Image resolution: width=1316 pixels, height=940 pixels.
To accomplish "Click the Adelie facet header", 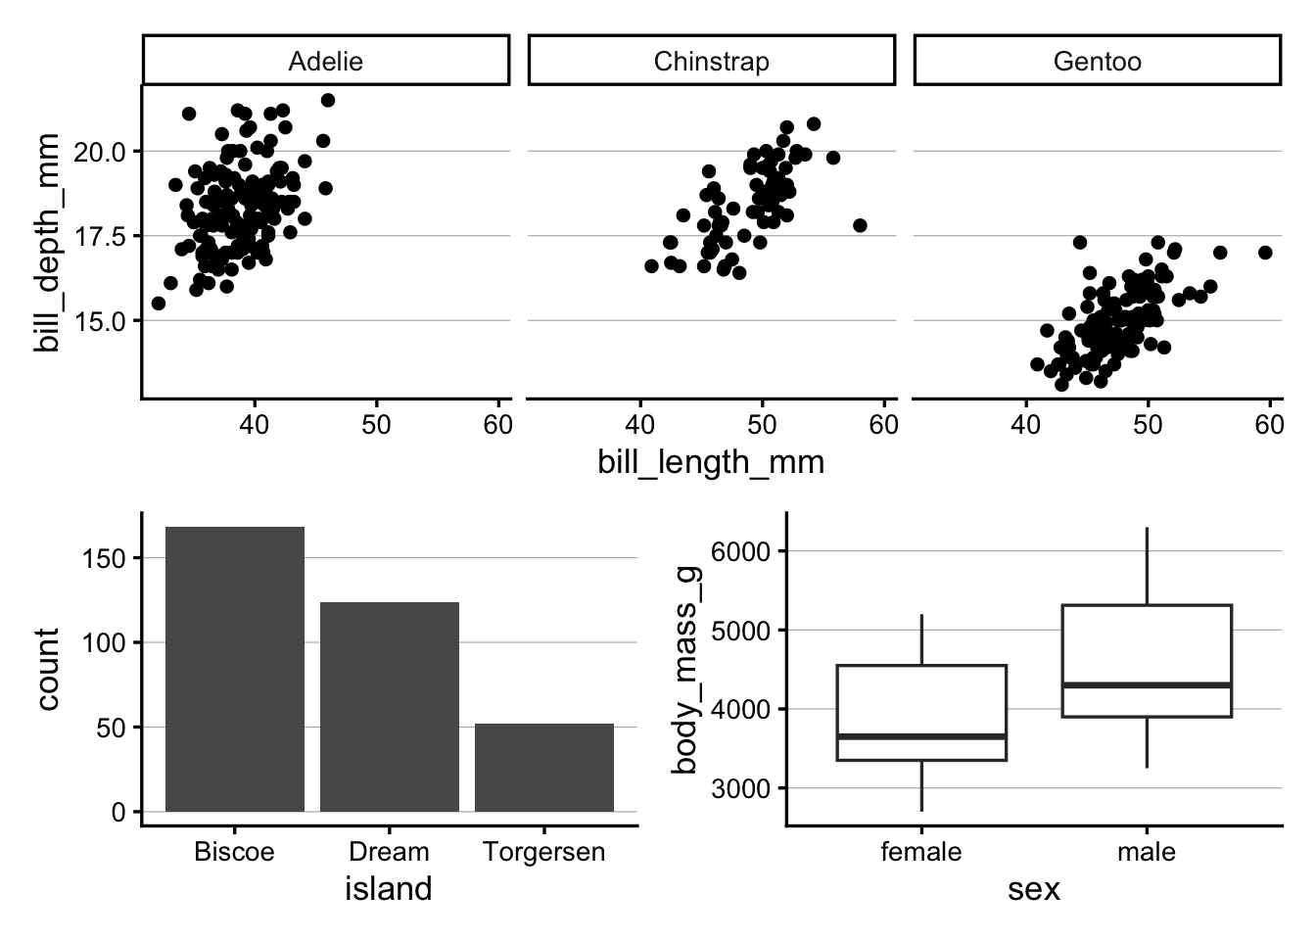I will pyautogui.click(x=325, y=62).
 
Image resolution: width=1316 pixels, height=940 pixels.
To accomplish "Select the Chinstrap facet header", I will pyautogui.click(x=711, y=62).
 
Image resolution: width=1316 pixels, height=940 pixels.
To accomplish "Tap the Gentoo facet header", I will pyautogui.click(x=1097, y=62).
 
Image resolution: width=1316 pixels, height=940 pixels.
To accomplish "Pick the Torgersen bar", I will pyautogui.click(x=544, y=768).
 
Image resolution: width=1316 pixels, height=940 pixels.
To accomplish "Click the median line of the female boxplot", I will pyautogui.click(x=921, y=735).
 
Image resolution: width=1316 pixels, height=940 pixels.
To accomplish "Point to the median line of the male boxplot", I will pyautogui.click(x=1146, y=684).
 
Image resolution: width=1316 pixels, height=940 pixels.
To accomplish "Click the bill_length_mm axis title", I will pyautogui.click(x=711, y=462).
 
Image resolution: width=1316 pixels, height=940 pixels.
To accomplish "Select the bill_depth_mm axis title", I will pyautogui.click(x=47, y=243).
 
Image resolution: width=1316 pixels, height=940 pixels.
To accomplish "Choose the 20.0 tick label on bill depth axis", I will pyautogui.click(x=99, y=152).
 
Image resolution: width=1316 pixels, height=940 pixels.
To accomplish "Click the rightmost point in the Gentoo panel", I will pyautogui.click(x=1265, y=253).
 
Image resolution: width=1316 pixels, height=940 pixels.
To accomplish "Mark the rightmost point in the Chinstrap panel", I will pyautogui.click(x=860, y=225).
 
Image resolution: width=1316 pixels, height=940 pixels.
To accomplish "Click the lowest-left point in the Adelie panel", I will pyautogui.click(x=159, y=304).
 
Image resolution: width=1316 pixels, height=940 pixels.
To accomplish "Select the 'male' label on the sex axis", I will pyautogui.click(x=1146, y=852).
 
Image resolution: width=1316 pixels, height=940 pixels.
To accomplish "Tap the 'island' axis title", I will pyautogui.click(x=389, y=889).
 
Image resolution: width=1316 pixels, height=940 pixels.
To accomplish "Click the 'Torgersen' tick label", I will pyautogui.click(x=544, y=852).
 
